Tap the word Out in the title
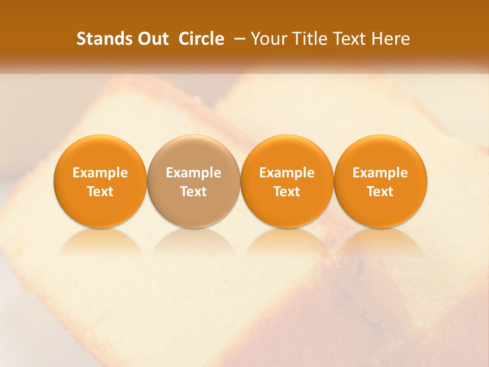coord(152,39)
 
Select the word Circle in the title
coord(201,39)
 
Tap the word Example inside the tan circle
coord(194,173)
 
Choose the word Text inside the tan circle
coord(194,192)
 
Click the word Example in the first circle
coord(100,173)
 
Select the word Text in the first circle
coord(100,192)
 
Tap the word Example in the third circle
coord(287,173)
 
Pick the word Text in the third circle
coord(287,192)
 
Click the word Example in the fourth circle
coord(380,173)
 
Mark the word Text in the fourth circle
coord(380,192)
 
